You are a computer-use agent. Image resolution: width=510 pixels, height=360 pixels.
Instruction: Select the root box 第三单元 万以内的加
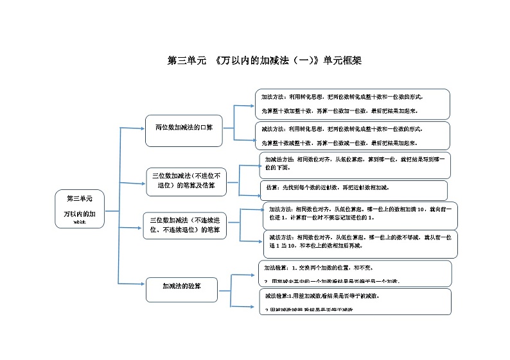(80, 209)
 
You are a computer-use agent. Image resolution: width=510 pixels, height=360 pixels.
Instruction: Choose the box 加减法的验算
(182, 287)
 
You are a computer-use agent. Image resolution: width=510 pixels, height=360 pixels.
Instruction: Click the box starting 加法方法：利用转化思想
(353, 103)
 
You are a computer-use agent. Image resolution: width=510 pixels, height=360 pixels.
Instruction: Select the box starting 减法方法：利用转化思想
(353, 136)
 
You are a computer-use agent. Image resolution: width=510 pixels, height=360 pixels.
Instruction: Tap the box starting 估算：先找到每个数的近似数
(355, 189)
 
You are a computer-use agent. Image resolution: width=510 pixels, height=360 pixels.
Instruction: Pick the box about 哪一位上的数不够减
(360, 244)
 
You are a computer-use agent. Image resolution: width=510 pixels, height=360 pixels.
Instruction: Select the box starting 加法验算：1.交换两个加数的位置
(355, 272)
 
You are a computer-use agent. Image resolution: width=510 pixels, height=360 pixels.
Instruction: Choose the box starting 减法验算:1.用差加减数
(355, 301)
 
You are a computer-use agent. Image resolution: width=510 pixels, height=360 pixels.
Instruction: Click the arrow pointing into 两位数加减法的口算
(134, 128)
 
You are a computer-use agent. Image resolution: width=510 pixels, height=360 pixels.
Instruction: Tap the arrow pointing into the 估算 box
(249, 193)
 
